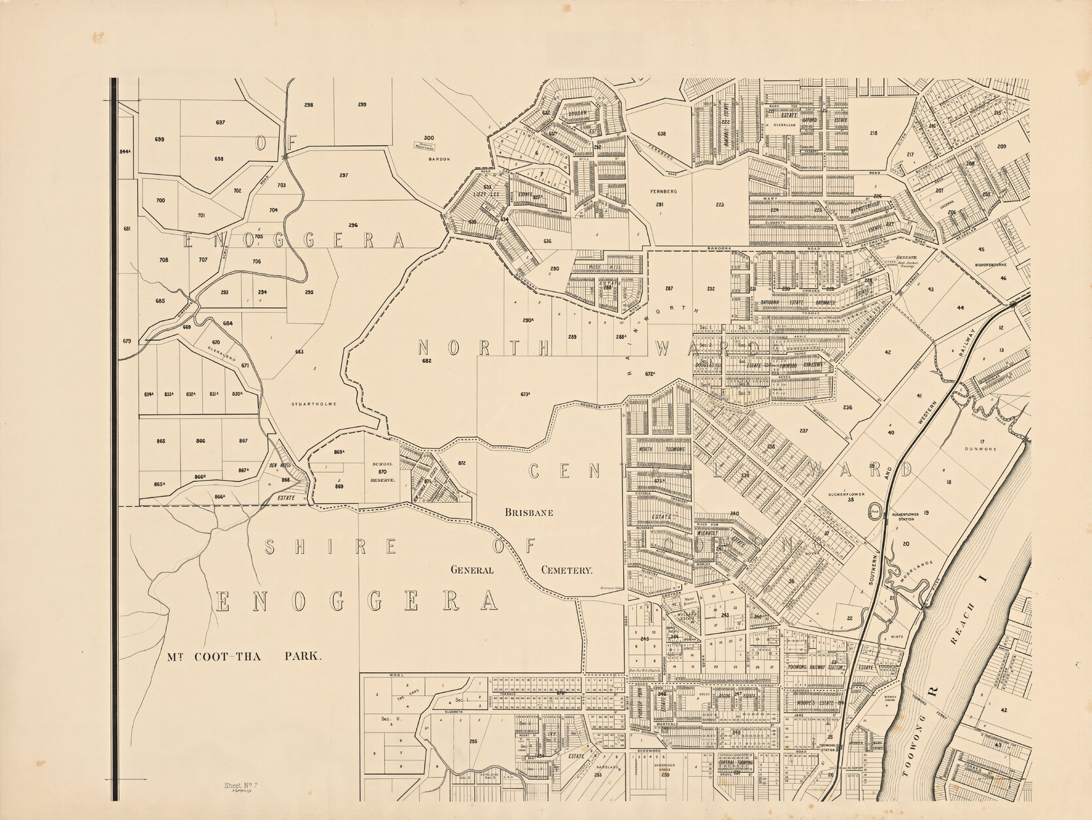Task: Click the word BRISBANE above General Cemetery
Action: (529, 513)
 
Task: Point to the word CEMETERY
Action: (566, 570)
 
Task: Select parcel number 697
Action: (220, 122)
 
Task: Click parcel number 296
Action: (353, 225)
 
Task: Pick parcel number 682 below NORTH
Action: (427, 360)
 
